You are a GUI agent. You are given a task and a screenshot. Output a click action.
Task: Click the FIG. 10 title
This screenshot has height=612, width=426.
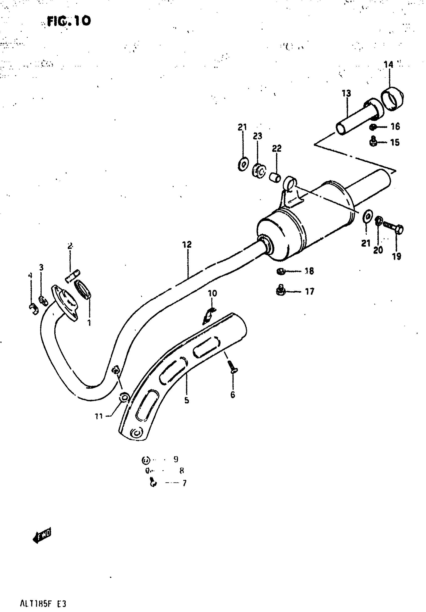[69, 21]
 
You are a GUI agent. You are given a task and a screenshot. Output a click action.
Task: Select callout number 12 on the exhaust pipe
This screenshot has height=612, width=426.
[187, 244]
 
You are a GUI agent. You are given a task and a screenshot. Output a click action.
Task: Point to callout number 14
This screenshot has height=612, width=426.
[388, 64]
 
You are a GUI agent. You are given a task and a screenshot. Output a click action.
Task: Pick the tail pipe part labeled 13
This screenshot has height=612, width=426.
[357, 117]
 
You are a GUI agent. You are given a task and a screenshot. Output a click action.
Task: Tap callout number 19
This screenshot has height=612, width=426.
[396, 256]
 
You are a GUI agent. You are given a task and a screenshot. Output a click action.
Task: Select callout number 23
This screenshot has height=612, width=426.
[257, 136]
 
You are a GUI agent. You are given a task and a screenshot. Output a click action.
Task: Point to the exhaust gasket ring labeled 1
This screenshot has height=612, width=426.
[84, 290]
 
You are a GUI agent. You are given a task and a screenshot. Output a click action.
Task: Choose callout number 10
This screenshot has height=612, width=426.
[212, 294]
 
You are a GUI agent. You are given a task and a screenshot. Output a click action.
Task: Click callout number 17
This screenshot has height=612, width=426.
[309, 292]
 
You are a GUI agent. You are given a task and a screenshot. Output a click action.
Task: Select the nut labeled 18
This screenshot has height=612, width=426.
[281, 271]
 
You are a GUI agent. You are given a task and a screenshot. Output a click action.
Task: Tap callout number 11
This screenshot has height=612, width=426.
[99, 416]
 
